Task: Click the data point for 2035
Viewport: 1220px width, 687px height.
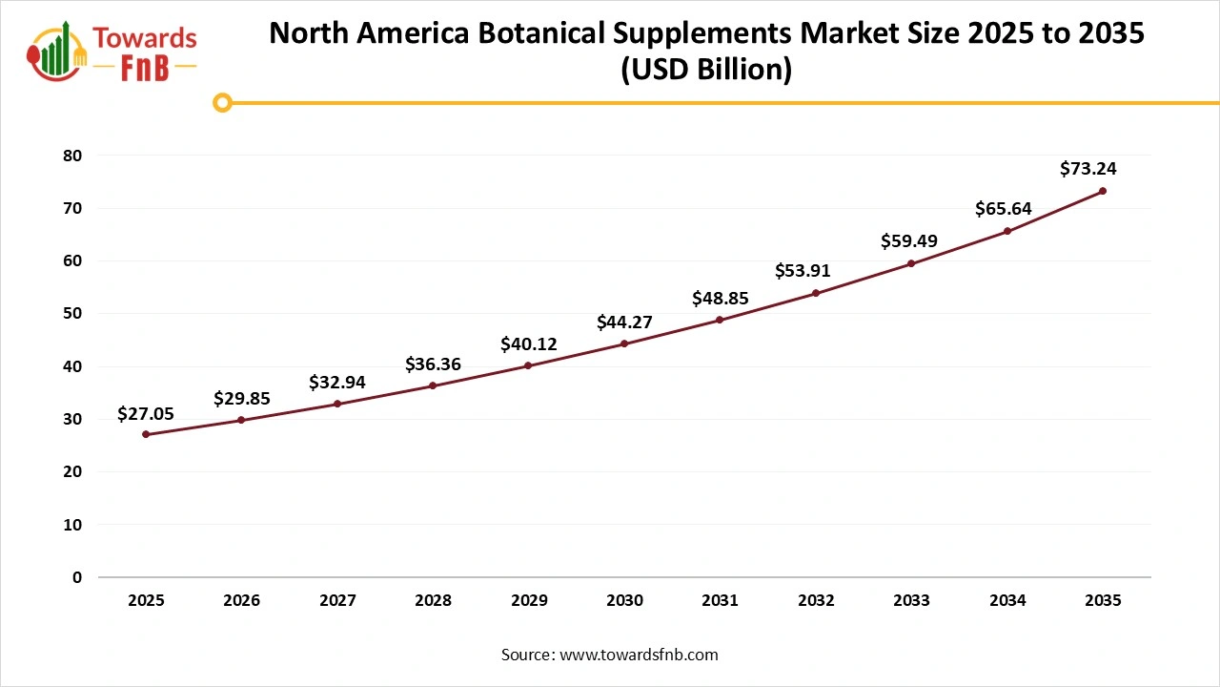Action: pyautogui.click(x=1103, y=191)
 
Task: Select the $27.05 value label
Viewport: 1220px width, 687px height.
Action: pyautogui.click(x=146, y=413)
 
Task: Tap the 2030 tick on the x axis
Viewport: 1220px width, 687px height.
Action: pyautogui.click(x=624, y=601)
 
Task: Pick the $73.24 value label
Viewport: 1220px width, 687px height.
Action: pyautogui.click(x=1088, y=169)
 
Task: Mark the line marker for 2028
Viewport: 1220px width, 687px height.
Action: pyautogui.click(x=433, y=385)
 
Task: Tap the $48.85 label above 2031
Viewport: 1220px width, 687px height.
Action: pyautogui.click(x=720, y=299)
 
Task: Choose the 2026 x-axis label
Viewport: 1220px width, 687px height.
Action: pyautogui.click(x=241, y=601)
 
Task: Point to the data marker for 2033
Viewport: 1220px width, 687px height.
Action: pyautogui.click(x=911, y=263)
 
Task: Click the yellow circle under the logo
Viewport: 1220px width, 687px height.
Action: pyautogui.click(x=222, y=103)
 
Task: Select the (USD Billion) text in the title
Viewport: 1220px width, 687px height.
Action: pyautogui.click(x=706, y=71)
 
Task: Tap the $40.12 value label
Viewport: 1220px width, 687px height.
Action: pyautogui.click(x=528, y=343)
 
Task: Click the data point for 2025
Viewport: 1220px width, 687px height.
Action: pyautogui.click(x=146, y=434)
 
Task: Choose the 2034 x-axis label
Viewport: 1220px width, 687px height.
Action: pyautogui.click(x=1006, y=601)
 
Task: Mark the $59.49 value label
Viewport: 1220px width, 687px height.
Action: pyautogui.click(x=909, y=241)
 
